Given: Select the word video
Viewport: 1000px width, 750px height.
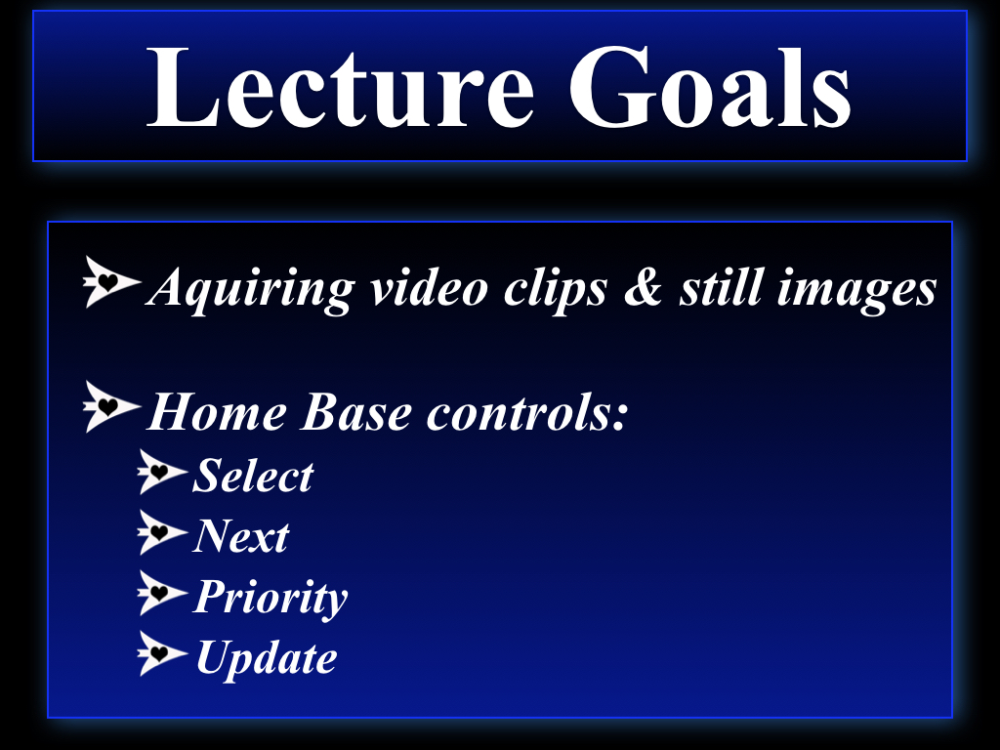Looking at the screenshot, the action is click(x=430, y=287).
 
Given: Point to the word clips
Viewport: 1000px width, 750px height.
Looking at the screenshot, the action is click(x=556, y=289).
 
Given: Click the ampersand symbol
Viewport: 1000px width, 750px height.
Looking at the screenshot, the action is click(x=643, y=287).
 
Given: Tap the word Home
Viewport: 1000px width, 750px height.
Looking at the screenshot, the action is click(x=217, y=412).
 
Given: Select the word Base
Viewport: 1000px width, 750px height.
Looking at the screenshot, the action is click(x=356, y=412).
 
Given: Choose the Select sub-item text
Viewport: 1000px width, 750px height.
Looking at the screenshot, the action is click(x=253, y=476).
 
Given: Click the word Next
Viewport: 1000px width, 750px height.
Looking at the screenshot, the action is click(x=241, y=536).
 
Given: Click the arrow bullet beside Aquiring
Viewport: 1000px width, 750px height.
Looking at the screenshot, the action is click(x=111, y=282).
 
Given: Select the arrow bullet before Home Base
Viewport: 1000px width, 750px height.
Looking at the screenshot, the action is click(x=111, y=407).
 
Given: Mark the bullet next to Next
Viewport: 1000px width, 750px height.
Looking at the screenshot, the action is click(x=162, y=532).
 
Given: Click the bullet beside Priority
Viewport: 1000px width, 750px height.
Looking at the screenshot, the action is click(x=162, y=593).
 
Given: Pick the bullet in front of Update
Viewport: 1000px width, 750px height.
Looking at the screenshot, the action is click(x=162, y=653).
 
